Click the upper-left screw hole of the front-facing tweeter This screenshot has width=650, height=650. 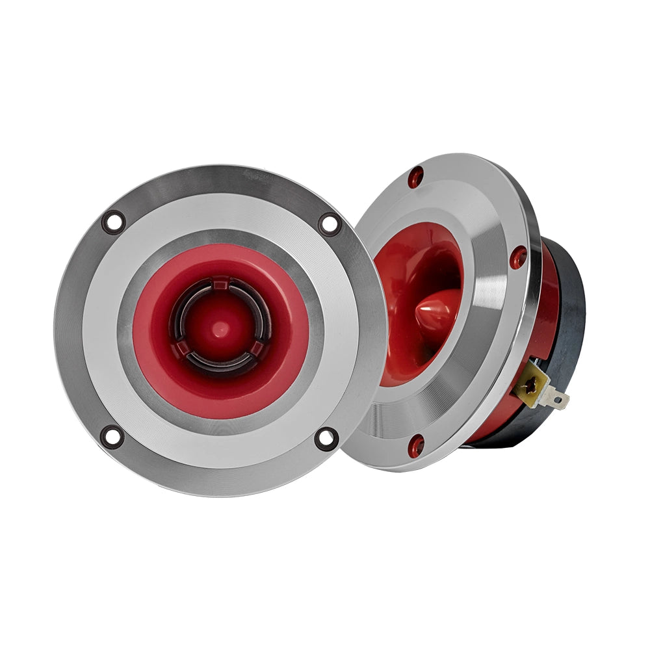coord(114,222)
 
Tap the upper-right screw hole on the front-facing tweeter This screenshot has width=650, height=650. coord(330,224)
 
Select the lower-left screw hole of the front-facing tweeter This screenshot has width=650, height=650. coord(112,436)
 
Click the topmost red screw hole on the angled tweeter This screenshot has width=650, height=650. coord(415,177)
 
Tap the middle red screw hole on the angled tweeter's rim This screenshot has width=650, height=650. coord(518,257)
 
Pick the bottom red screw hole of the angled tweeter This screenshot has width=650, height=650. coord(416,445)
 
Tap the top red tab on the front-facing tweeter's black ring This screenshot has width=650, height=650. coord(221,283)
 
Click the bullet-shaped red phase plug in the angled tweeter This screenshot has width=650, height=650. coord(437,311)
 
